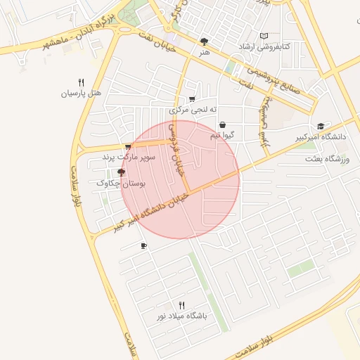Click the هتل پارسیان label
coord(82,93)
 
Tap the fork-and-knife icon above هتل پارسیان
coord(82,82)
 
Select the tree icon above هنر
coord(205,41)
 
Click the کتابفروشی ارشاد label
coord(264,47)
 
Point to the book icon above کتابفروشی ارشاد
coord(264,37)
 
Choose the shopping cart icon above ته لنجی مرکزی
coord(192,100)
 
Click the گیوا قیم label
coord(223,135)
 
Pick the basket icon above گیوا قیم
coord(223,125)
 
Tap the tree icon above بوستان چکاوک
coord(121,172)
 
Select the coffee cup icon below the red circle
coord(144,246)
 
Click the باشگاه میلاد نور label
coord(182,316)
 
